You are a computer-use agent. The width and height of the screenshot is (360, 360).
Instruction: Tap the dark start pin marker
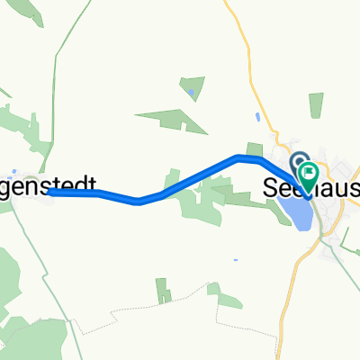tap(298, 158)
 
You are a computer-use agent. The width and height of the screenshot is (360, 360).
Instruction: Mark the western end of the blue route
tap(51, 193)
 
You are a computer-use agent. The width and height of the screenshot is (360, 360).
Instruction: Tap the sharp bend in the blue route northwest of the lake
tap(239, 157)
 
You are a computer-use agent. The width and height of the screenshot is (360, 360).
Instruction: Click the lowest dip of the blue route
tap(139, 202)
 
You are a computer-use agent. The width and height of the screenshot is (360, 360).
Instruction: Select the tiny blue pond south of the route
tap(235, 261)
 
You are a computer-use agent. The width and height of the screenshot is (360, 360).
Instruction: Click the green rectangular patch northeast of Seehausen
tap(316, 104)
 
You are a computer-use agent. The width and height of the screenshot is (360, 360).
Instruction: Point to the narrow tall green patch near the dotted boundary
tap(161, 290)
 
